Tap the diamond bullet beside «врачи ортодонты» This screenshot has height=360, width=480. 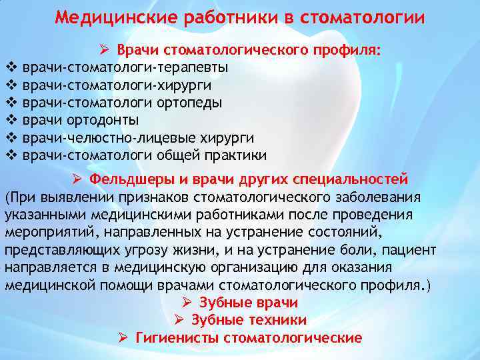pyautogui.click(x=10, y=120)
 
